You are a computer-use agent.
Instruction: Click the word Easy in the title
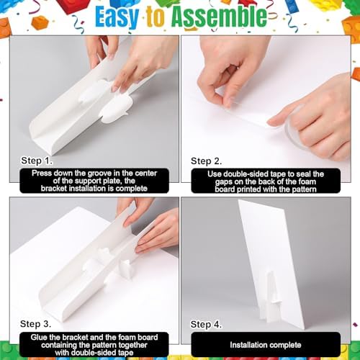point(117,17)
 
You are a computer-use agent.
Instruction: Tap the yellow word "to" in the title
point(156,17)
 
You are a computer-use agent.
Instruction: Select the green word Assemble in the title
point(219,17)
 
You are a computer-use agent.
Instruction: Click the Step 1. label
point(37,161)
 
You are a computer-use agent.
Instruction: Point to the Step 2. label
point(206,161)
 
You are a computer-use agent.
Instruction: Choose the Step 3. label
point(35,324)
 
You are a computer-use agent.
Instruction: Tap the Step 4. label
point(206,325)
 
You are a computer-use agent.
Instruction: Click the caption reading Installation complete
point(266,345)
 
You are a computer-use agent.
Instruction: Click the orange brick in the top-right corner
point(351,27)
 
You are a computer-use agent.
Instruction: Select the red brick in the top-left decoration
point(72,6)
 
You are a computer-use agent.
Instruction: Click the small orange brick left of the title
point(40,22)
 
